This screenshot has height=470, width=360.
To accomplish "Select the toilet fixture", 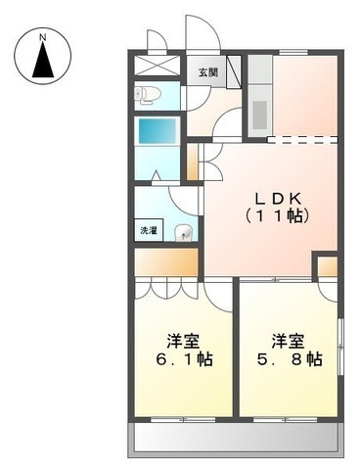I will [x=147, y=95].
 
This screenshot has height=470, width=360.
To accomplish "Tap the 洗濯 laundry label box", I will [x=148, y=232].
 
